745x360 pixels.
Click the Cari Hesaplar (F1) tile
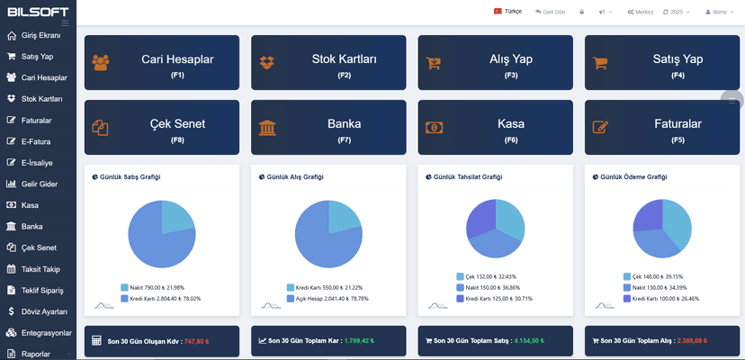click(162, 63)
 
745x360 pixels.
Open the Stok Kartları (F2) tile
click(328, 63)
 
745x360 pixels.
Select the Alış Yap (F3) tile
click(496, 63)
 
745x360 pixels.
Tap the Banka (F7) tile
click(328, 127)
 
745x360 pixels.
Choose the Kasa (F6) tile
click(496, 127)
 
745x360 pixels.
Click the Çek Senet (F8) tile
click(162, 127)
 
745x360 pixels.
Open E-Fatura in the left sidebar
click(36, 141)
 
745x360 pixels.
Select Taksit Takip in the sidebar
click(40, 269)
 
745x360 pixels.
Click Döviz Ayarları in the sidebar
click(43, 311)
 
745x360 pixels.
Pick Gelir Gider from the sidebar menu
click(40, 184)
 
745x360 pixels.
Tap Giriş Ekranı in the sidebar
click(40, 35)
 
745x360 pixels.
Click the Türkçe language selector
click(508, 12)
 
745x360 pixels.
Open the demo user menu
click(719, 12)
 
